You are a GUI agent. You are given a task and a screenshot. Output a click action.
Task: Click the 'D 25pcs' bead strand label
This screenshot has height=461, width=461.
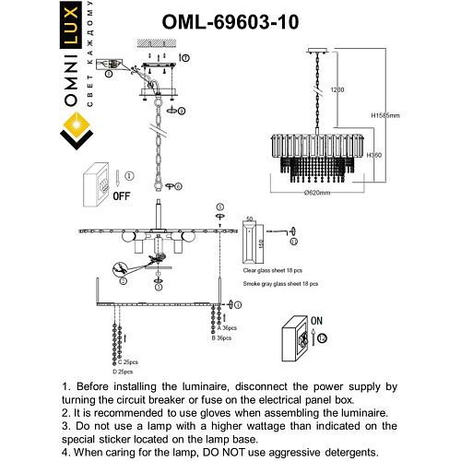coord(124,372)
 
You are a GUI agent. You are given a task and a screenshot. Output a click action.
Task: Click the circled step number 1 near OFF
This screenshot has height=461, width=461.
coord(130,174)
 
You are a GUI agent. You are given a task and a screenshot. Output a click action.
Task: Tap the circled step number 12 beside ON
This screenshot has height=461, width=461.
coord(323,339)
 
